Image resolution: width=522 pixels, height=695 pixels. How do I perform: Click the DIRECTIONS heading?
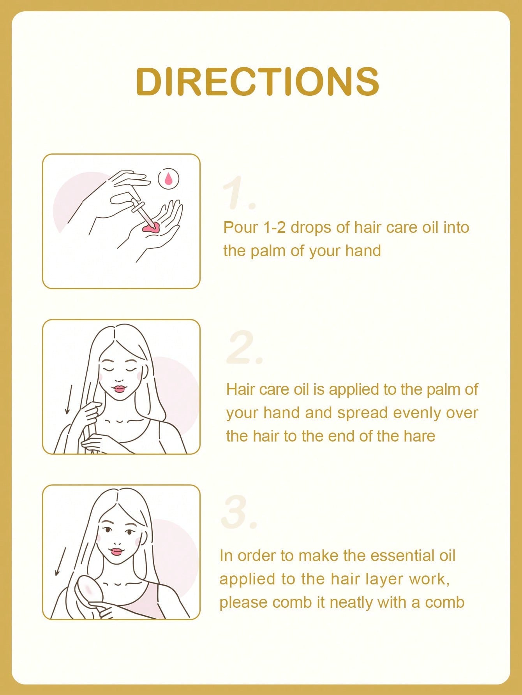257,81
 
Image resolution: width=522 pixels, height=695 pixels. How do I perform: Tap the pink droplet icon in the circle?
168,179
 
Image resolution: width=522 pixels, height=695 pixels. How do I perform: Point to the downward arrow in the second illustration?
69,399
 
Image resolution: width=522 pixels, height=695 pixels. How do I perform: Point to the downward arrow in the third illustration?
60,561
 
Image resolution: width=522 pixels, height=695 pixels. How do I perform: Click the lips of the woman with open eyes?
117,551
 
